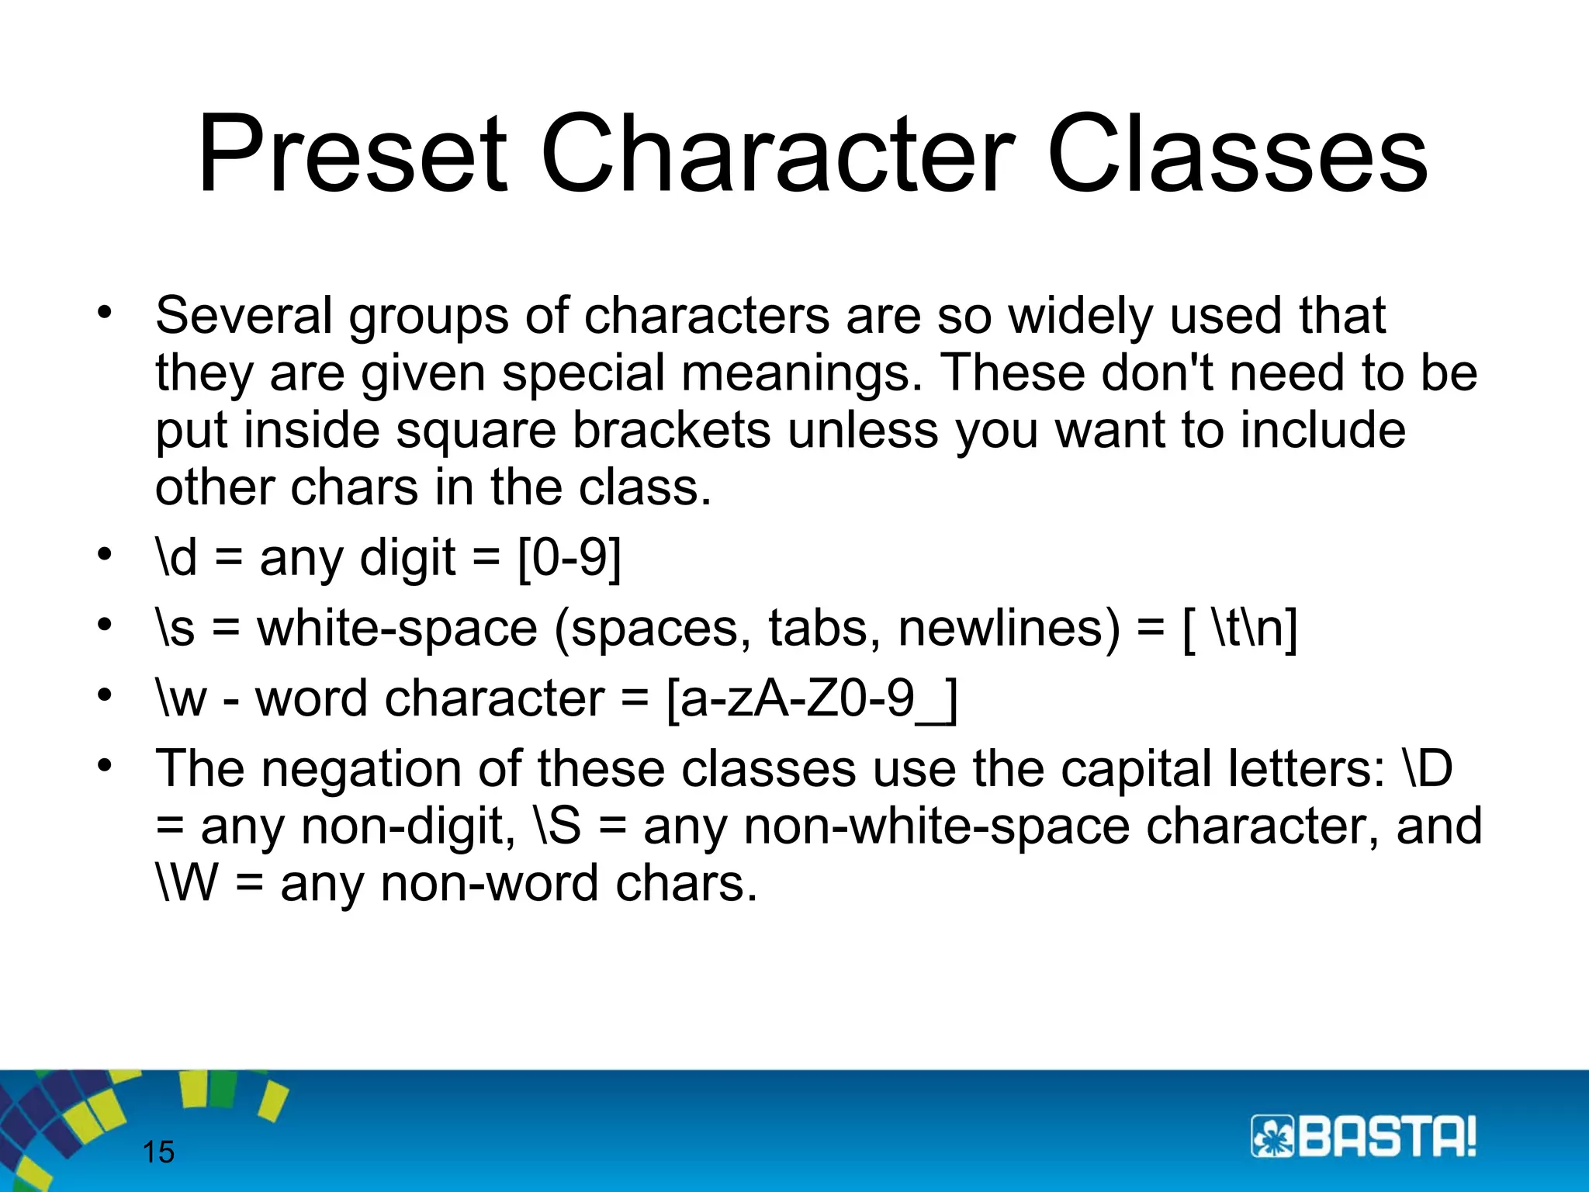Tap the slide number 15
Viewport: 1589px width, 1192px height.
pos(159,1152)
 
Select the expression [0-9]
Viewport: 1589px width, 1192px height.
pos(570,557)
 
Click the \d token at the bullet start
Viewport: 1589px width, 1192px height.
pos(177,557)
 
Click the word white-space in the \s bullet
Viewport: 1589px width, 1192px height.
pos(397,628)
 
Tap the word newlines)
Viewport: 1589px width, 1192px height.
pos(1009,628)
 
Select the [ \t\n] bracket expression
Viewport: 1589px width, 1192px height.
pos(1240,628)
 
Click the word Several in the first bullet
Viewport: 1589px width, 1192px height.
pos(244,316)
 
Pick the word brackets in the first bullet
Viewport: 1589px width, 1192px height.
pos(672,430)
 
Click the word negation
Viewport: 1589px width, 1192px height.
pos(362,769)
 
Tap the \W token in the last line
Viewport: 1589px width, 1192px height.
pos(187,883)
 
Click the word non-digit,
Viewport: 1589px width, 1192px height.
pos(408,826)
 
